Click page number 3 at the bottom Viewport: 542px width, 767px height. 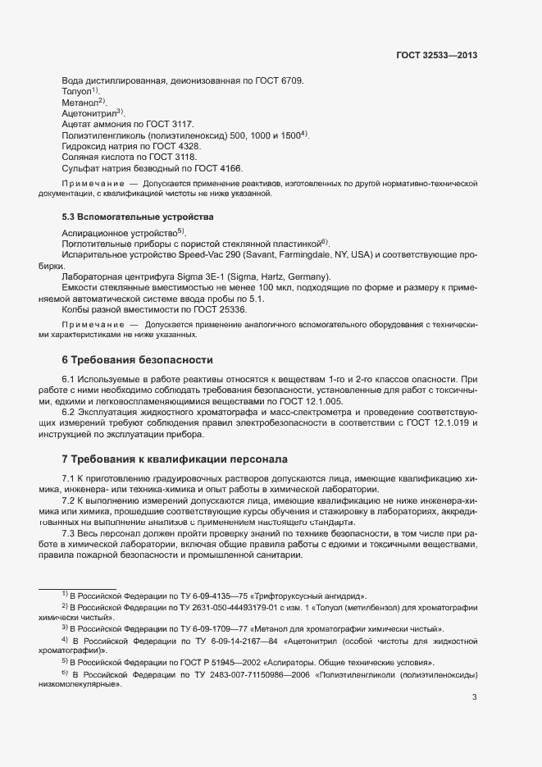point(474,697)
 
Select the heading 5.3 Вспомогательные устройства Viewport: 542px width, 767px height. point(125,217)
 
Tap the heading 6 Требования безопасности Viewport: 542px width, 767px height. point(137,360)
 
